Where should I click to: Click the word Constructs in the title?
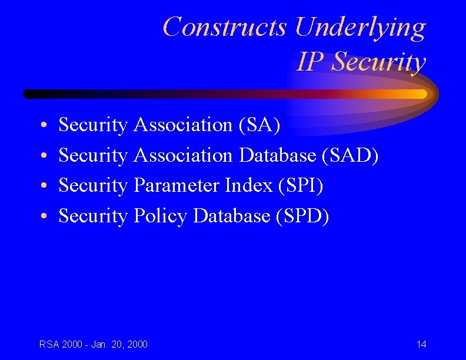225,27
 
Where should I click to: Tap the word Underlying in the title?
360,27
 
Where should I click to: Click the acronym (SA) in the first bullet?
259,125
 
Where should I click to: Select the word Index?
248,185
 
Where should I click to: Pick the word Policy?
161,216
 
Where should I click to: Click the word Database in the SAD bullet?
278,155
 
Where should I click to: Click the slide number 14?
421,344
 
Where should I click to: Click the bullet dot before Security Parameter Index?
44,186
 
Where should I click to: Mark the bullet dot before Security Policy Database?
44,217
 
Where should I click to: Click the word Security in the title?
378,62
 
